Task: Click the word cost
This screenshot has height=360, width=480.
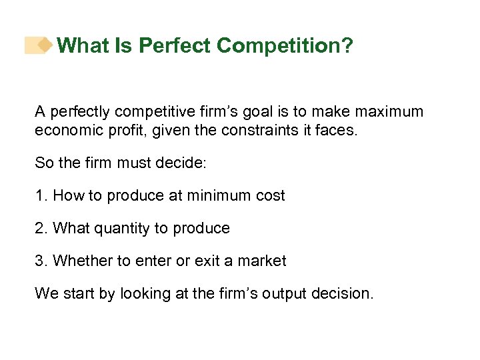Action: click(x=269, y=196)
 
